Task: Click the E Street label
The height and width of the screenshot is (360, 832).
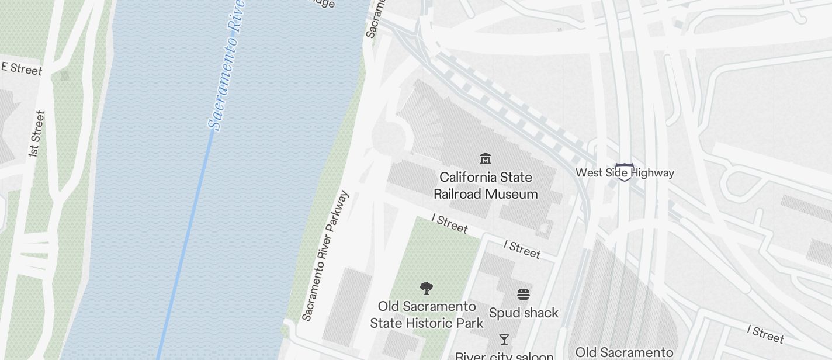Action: click(x=22, y=69)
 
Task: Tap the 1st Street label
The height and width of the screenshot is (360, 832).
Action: click(x=36, y=134)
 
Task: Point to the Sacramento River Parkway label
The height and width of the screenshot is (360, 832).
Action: click(x=325, y=255)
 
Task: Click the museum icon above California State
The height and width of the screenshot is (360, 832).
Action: click(x=485, y=158)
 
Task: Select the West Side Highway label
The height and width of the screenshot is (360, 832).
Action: click(x=625, y=173)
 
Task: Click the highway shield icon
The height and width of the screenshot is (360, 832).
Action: click(x=623, y=172)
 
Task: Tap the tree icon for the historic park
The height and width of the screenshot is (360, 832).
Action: click(x=427, y=288)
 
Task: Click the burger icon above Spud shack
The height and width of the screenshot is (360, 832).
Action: click(x=524, y=295)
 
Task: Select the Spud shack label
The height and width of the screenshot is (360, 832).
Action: click(x=524, y=313)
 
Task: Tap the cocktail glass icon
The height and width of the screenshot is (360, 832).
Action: click(x=504, y=340)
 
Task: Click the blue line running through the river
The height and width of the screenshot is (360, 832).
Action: click(x=187, y=245)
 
